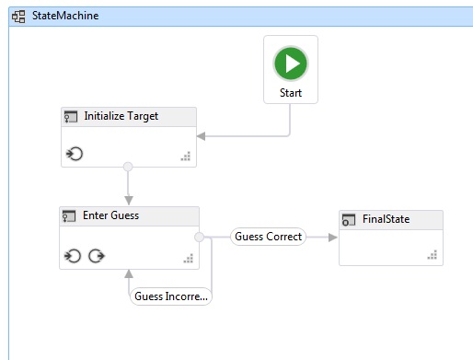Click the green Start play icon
point(291,64)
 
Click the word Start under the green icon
point(291,93)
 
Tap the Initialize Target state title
point(121,117)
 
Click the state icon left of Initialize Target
point(70,117)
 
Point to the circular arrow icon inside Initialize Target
point(75,154)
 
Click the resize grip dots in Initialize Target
point(185,157)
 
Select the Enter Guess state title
point(111,216)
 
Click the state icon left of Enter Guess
point(69,216)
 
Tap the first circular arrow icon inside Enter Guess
point(73,255)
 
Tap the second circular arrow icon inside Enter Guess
point(95,255)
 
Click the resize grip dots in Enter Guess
point(187,258)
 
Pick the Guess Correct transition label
point(268,237)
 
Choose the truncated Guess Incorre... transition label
point(171,296)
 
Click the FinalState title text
point(386,219)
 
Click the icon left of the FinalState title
point(349,220)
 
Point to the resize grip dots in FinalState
point(432,254)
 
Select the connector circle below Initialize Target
point(128,167)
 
